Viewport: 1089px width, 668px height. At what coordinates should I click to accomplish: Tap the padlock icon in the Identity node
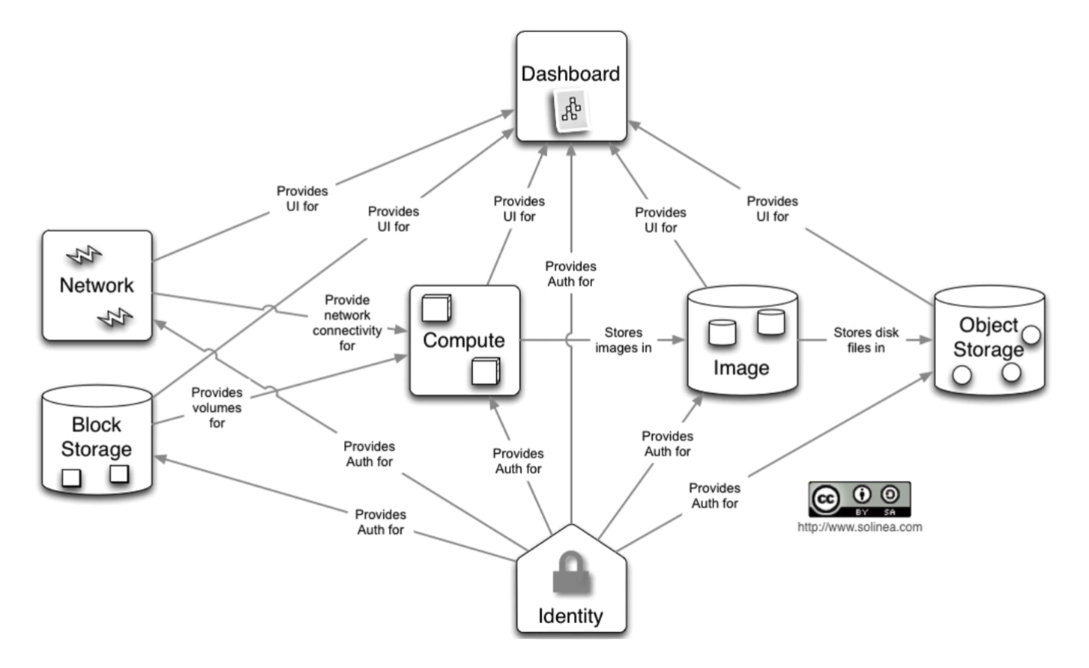point(571,574)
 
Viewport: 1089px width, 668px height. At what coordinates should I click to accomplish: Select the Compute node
point(464,340)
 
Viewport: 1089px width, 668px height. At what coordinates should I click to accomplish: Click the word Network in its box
point(97,285)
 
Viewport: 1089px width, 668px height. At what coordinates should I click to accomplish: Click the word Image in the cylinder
point(740,368)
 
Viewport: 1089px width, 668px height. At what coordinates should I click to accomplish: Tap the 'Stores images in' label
point(623,340)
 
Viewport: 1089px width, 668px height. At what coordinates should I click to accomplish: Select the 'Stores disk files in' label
point(866,340)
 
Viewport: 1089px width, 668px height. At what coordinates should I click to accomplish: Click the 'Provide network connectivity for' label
point(347,323)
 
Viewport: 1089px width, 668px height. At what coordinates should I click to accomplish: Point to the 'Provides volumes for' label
point(217,407)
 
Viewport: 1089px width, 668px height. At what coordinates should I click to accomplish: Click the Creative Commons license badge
point(859,499)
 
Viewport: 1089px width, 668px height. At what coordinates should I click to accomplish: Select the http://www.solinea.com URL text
point(859,527)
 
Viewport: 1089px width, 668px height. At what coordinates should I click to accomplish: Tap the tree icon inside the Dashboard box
point(571,110)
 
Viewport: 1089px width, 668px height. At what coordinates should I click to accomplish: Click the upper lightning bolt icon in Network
point(84,255)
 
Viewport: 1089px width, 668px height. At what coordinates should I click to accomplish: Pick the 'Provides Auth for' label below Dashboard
point(570,274)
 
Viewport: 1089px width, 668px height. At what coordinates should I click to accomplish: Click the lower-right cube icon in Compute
point(486,371)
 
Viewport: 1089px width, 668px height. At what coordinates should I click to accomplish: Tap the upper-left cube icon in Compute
point(436,308)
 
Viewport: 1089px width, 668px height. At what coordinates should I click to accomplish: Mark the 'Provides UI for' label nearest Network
point(302,198)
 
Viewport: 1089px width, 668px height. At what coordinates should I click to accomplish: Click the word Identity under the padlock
point(570,616)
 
